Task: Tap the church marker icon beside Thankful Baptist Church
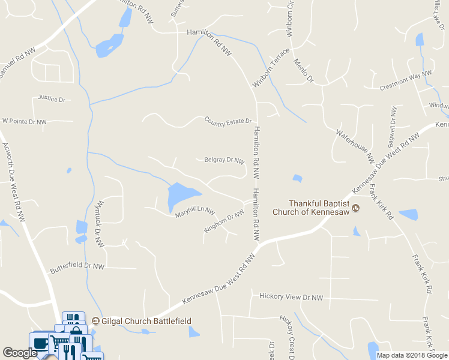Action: tap(356, 208)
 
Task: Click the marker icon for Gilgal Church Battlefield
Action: tap(95, 321)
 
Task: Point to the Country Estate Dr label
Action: tap(228, 121)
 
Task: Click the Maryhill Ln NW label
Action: tap(194, 211)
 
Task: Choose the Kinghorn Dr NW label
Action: tap(224, 220)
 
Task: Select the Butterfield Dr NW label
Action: tap(77, 266)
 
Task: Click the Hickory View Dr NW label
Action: tap(291, 296)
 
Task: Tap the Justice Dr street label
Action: tap(51, 98)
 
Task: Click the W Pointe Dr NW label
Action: tap(25, 121)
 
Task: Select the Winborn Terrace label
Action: tap(271, 67)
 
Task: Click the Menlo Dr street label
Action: tap(304, 71)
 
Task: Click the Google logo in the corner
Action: tap(19, 353)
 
